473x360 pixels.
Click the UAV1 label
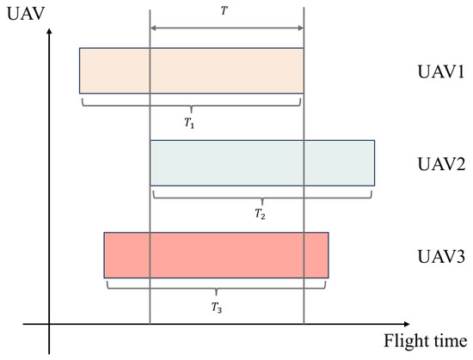click(x=441, y=72)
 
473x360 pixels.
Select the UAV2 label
click(x=441, y=164)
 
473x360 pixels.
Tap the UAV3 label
click(x=441, y=256)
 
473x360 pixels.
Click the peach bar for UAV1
click(x=192, y=70)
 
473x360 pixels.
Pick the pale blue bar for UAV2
click(x=262, y=163)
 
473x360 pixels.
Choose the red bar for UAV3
click(x=216, y=255)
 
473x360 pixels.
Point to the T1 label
click(x=189, y=123)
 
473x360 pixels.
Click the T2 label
click(x=260, y=214)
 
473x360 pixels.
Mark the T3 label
click(x=217, y=308)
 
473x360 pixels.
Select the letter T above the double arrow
click(x=224, y=11)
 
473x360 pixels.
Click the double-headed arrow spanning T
click(x=227, y=28)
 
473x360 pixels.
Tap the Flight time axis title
click(x=426, y=342)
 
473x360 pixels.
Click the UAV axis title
click(x=26, y=14)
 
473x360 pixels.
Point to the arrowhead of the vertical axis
click(x=49, y=31)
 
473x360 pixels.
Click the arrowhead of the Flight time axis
click(x=407, y=324)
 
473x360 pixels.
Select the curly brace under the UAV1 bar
click(x=191, y=106)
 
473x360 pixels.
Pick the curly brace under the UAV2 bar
click(x=262, y=198)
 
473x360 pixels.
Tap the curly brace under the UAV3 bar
click(x=216, y=289)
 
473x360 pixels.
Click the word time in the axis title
click(x=450, y=341)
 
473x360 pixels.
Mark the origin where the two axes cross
click(x=49, y=324)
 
